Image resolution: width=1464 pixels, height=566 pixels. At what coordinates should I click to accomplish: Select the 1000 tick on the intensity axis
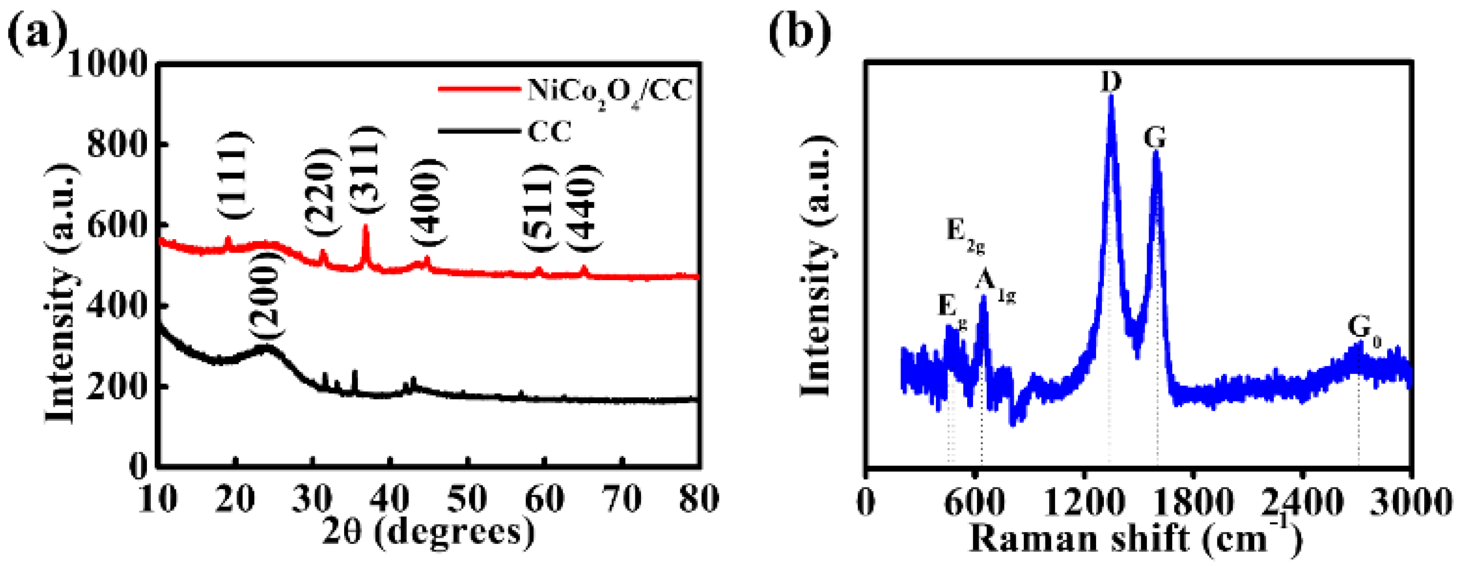(x=108, y=64)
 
